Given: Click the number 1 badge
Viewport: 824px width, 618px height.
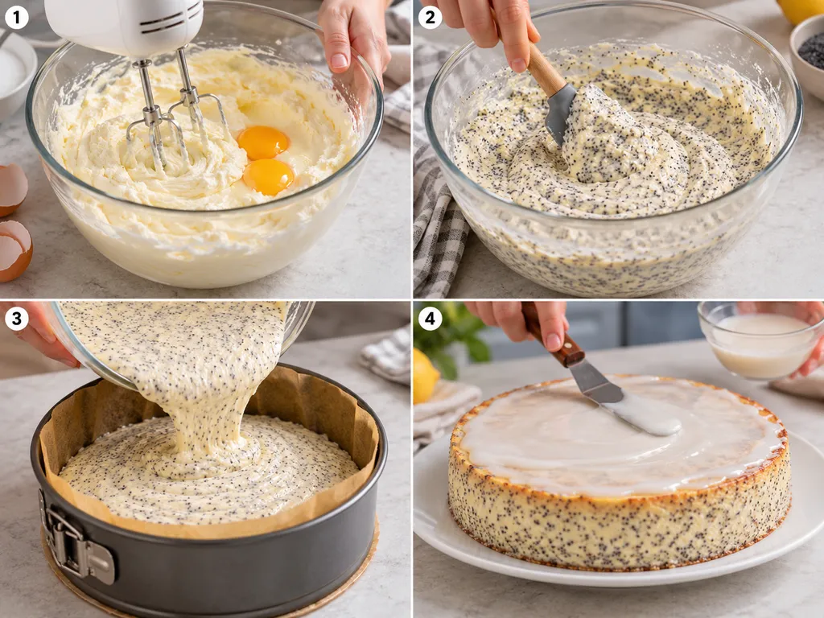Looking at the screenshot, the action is point(16,18).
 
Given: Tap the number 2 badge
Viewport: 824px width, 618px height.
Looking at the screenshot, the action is point(430,18).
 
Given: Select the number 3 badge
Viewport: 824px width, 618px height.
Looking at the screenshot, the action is point(16,319).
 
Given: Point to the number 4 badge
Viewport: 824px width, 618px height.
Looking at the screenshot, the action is point(430,319).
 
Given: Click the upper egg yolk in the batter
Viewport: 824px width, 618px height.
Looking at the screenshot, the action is point(263,142).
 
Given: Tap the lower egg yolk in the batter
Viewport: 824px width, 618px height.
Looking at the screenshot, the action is point(268,176).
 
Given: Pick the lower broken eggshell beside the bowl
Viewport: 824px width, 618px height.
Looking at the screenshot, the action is point(14,250).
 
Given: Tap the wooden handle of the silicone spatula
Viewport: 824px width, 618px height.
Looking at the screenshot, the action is point(544,68).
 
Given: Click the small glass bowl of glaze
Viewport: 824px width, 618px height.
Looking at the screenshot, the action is point(760,340).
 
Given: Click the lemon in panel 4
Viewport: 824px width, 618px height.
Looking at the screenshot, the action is point(425,375).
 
